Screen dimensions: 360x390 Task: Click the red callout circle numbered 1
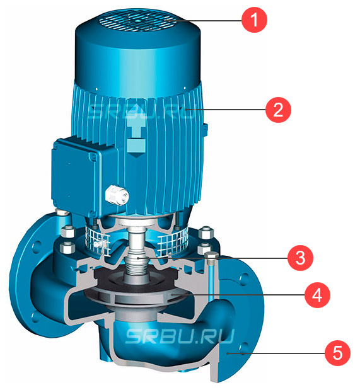(254, 20)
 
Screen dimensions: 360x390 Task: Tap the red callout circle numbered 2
(278, 110)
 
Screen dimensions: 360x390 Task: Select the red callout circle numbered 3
(300, 258)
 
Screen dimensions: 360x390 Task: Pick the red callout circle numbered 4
(317, 295)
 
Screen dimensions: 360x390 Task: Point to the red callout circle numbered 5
(337, 353)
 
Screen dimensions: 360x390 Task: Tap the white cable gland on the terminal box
(117, 196)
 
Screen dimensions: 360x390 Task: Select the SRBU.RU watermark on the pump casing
(180, 336)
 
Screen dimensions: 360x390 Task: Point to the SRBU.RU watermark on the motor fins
(141, 111)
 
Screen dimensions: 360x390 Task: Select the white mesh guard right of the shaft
(172, 243)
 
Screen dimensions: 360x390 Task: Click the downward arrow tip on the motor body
(135, 157)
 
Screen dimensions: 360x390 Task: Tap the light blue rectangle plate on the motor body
(136, 146)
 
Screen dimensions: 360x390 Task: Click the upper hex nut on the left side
(67, 232)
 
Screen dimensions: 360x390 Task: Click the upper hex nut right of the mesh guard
(206, 232)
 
